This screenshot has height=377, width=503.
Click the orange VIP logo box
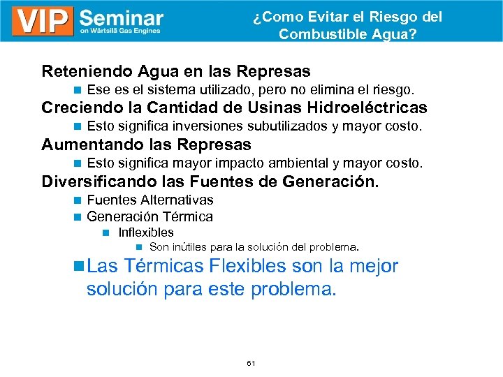(42, 21)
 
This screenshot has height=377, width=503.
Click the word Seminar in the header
(122, 17)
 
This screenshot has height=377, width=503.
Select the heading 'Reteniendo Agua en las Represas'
(176, 71)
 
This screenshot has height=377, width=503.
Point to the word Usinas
(242, 108)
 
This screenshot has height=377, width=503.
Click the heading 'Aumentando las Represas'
(146, 145)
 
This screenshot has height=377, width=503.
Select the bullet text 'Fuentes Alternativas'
(150, 200)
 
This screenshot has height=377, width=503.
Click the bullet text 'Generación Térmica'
(150, 217)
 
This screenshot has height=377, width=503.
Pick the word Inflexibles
(146, 232)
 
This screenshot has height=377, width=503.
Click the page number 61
(251, 364)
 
